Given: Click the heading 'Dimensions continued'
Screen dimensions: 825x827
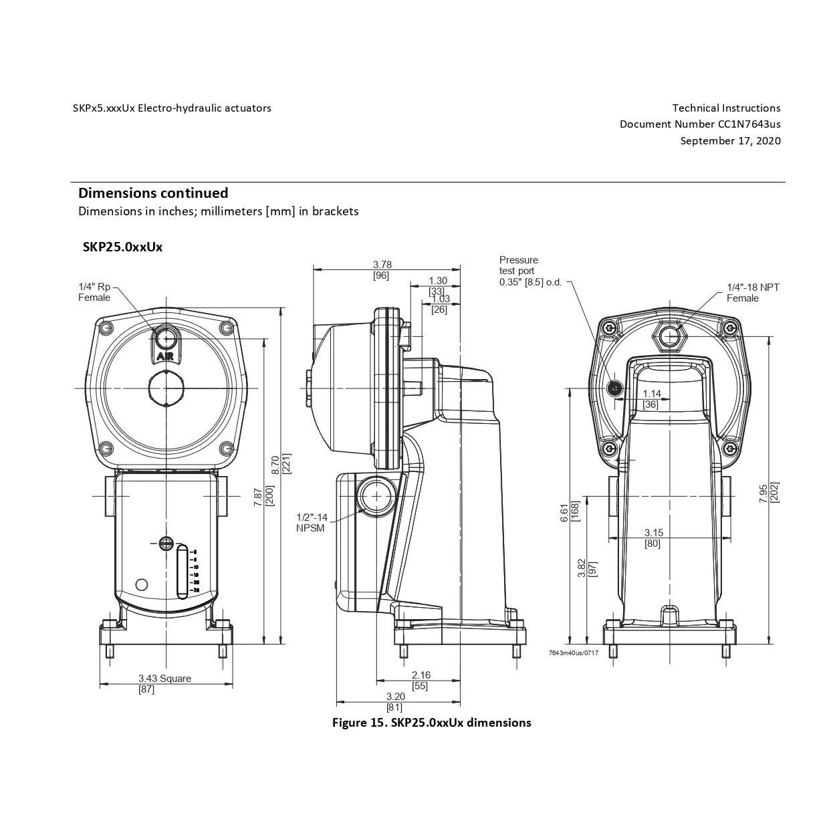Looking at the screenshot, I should click(153, 193).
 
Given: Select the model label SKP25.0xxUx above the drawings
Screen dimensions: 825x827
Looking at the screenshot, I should click(122, 247).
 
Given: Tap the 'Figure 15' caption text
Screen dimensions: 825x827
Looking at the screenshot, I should click(431, 723).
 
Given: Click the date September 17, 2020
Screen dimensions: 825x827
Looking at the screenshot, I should click(730, 140).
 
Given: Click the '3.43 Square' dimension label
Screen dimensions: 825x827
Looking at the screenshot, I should click(164, 679).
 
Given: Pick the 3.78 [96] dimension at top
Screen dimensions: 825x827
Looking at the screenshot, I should click(382, 269).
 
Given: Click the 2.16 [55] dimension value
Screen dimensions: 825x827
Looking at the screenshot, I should click(421, 680).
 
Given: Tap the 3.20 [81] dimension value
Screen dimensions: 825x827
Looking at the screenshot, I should click(395, 701).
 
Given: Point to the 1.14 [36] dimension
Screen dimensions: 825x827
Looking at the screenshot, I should click(651, 399).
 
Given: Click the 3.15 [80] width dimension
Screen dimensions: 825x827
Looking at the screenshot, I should click(653, 538).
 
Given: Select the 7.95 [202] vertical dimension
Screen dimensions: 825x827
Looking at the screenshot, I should click(769, 493).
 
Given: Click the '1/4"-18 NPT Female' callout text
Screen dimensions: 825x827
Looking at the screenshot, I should click(752, 293).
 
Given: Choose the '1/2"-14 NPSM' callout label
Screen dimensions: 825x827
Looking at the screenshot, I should click(312, 522).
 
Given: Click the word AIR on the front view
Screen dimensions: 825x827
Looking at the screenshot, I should click(165, 356).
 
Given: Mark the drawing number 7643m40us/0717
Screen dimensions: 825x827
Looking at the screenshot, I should click(573, 653).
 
